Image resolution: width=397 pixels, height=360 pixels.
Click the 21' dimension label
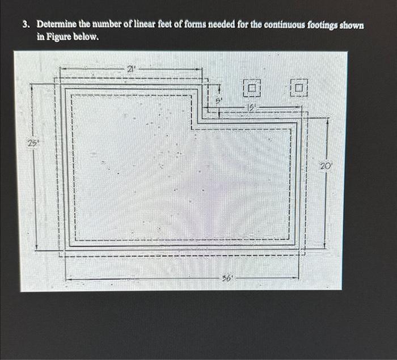tap(130, 69)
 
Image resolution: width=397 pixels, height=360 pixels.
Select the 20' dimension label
tap(325, 166)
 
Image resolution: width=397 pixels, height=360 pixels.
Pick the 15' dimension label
tap(252, 107)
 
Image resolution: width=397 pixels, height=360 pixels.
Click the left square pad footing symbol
tap(251, 87)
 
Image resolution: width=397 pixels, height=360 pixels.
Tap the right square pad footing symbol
tap(299, 87)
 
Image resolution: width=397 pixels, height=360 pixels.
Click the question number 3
tap(26, 26)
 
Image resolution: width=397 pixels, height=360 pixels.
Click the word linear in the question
tap(137, 26)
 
